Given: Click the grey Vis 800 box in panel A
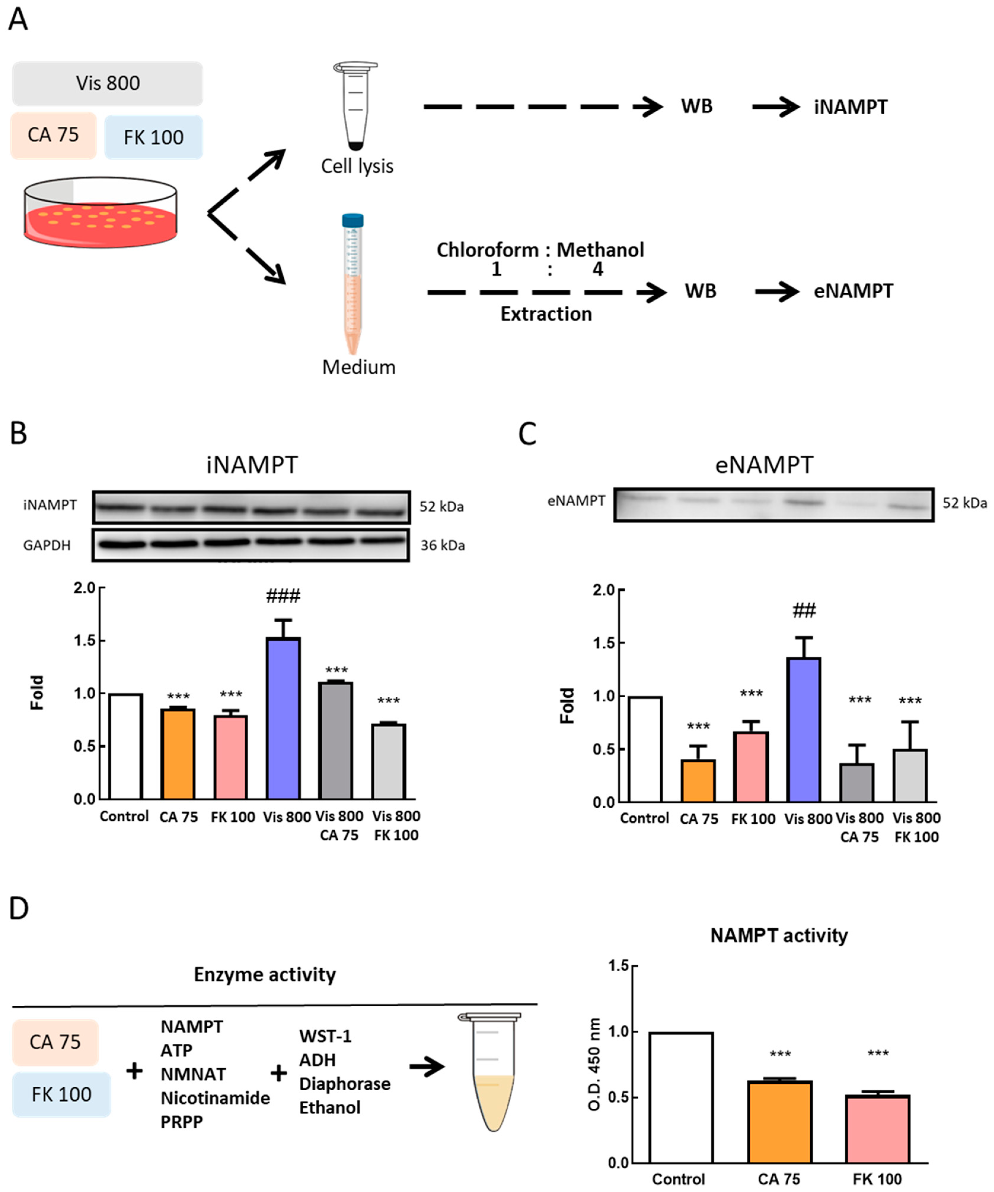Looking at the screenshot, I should (x=107, y=83).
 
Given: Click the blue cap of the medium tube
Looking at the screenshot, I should (x=352, y=220).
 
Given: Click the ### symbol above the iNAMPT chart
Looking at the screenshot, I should (x=283, y=596).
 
